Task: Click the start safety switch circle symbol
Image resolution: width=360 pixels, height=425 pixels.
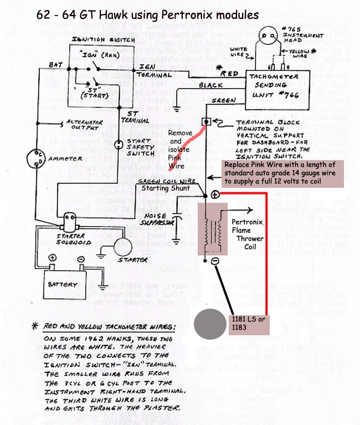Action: click(118, 145)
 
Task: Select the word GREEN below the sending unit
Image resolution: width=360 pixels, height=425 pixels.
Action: click(224, 101)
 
